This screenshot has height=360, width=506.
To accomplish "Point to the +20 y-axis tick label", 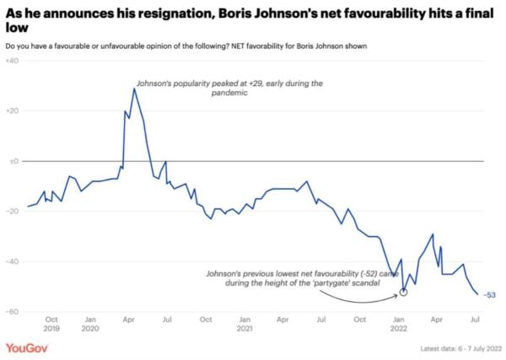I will tap(13, 111).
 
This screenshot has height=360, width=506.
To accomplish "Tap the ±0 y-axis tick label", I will tap(14, 161).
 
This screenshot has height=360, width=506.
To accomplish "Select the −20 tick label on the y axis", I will tap(13, 212).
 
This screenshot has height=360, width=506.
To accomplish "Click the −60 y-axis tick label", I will tap(13, 312).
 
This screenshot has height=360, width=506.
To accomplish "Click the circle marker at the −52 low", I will tap(403, 292).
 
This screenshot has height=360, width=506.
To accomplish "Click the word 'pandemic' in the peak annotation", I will tap(229, 94).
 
